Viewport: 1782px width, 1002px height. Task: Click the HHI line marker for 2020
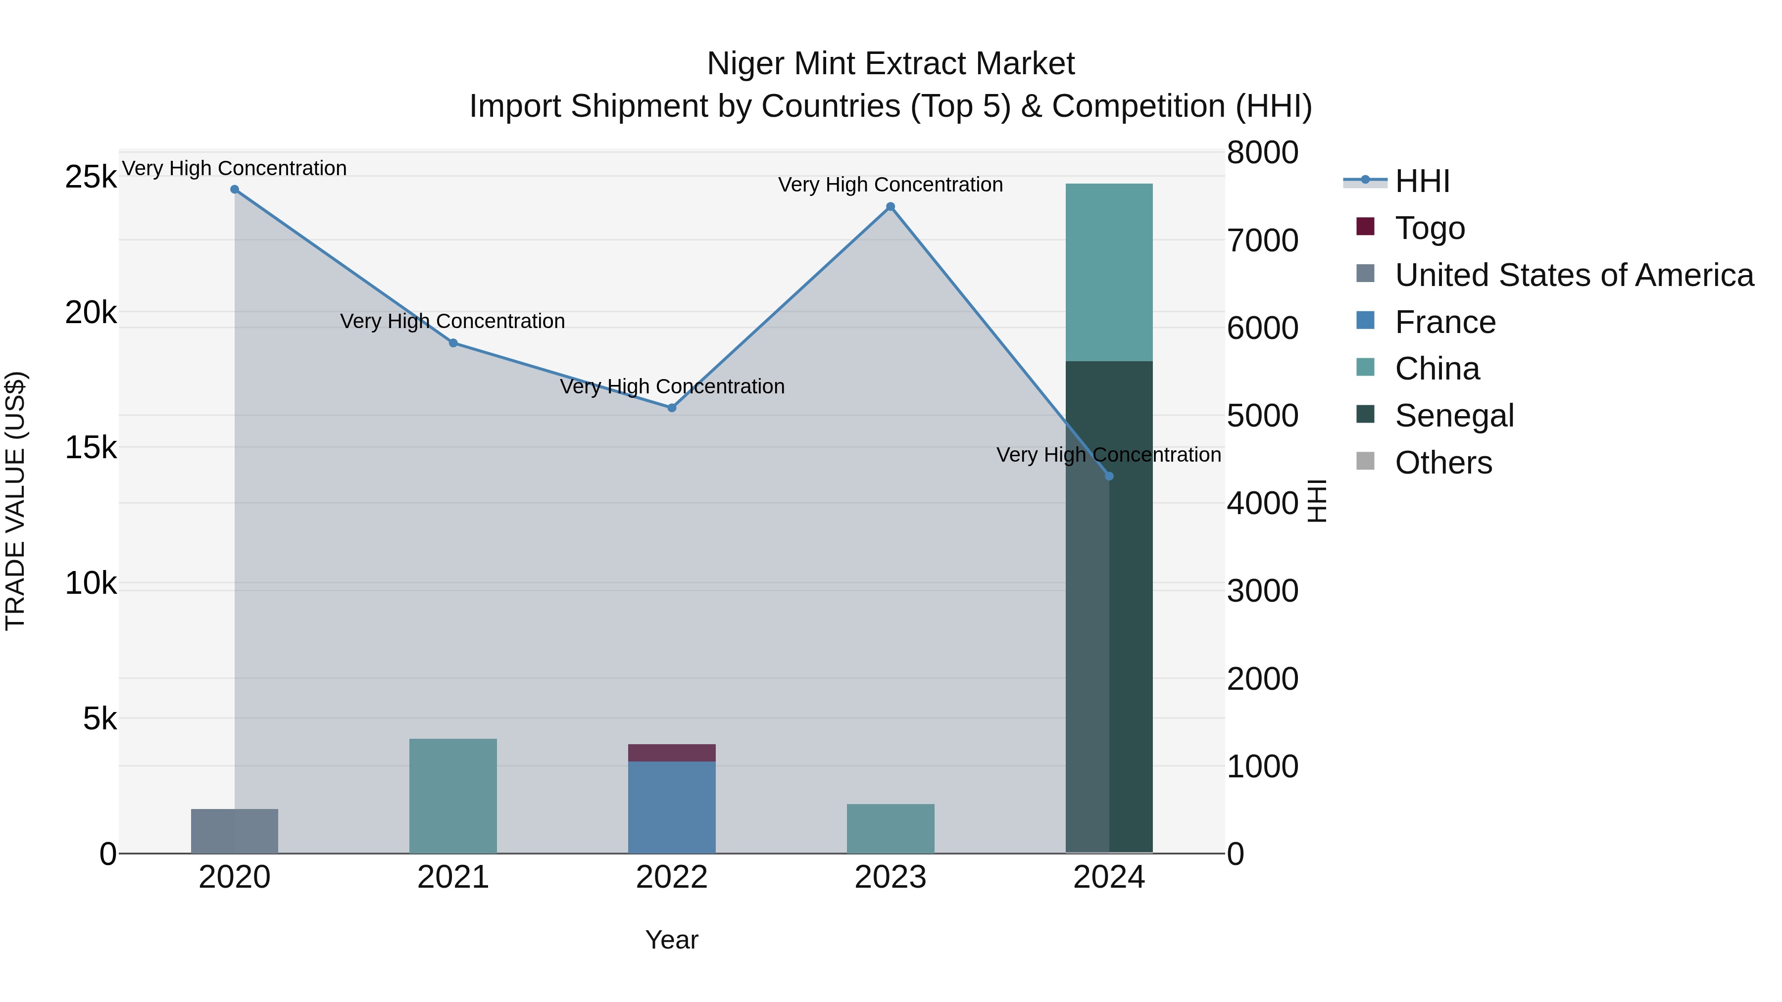pyautogui.click(x=235, y=190)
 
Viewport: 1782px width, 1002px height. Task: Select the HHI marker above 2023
pyautogui.click(x=891, y=207)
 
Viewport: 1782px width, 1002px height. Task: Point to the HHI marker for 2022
pyautogui.click(x=672, y=408)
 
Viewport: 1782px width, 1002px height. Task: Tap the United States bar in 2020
pyautogui.click(x=235, y=831)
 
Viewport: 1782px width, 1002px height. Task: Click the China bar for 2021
pyautogui.click(x=453, y=795)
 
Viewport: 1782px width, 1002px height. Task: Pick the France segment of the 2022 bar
pyautogui.click(x=672, y=807)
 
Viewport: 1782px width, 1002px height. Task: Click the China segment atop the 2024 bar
pyautogui.click(x=1109, y=273)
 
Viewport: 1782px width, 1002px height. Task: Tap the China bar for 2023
pyautogui.click(x=891, y=828)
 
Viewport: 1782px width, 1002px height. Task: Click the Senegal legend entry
pyautogui.click(x=1454, y=416)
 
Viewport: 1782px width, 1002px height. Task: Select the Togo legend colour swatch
pyautogui.click(x=1366, y=227)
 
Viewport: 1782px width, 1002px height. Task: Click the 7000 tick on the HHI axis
pyautogui.click(x=1262, y=240)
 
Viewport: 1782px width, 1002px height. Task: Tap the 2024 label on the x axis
pyautogui.click(x=1109, y=877)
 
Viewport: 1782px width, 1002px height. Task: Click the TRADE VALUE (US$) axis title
pyautogui.click(x=16, y=501)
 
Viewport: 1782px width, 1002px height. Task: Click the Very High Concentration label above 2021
pyautogui.click(x=453, y=322)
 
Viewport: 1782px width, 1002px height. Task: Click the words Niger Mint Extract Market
pyautogui.click(x=891, y=64)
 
